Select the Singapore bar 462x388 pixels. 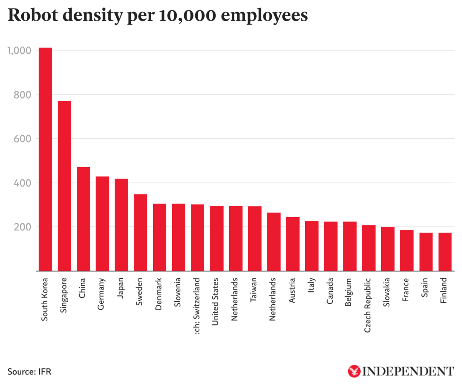(65, 186)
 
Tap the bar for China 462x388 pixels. (83, 219)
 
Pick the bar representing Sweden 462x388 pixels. (140, 232)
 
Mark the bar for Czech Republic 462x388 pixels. (369, 248)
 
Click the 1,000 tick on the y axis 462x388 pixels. (19, 51)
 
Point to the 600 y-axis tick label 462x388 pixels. (22, 139)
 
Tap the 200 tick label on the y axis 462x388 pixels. (22, 227)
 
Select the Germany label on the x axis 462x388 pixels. (101, 294)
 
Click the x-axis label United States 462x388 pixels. (215, 302)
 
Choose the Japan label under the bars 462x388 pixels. (120, 288)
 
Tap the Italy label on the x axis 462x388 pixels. (311, 285)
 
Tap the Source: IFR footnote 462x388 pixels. (29, 371)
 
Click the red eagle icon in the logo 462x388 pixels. (354, 371)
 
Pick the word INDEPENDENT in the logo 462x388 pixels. (408, 371)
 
